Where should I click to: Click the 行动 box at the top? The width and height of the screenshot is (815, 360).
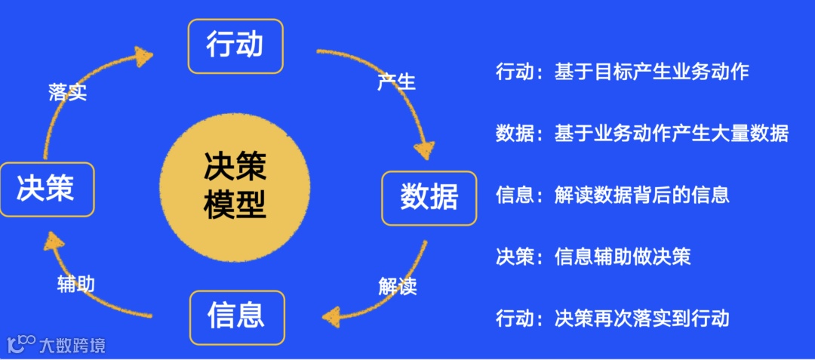(x=235, y=46)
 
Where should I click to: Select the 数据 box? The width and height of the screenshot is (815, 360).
(x=429, y=198)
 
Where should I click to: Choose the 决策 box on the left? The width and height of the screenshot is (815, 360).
(x=47, y=189)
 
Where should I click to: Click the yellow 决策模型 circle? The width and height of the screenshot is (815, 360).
(x=235, y=186)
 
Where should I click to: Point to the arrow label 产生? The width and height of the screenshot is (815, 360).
(x=396, y=82)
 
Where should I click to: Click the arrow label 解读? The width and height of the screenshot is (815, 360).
(x=397, y=287)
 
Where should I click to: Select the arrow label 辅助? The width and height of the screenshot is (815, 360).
(x=75, y=285)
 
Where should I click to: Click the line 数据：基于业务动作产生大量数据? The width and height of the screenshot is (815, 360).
(x=641, y=134)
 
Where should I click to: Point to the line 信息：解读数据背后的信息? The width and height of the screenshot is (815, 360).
(x=612, y=195)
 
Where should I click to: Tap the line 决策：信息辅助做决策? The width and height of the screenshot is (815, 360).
(x=592, y=257)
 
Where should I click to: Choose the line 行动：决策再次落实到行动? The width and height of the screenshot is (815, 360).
(x=612, y=318)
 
